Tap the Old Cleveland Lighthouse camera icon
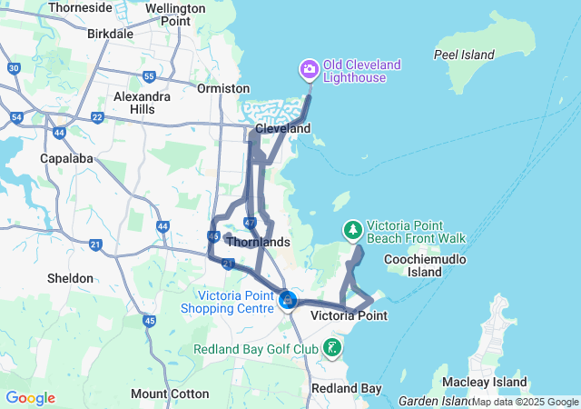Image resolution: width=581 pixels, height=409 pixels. (x=309, y=68)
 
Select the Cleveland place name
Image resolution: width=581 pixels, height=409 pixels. (x=282, y=129)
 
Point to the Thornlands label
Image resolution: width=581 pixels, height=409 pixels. (x=258, y=243)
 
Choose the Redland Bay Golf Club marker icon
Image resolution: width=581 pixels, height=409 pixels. (x=333, y=347)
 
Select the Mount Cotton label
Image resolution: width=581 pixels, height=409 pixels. (x=170, y=394)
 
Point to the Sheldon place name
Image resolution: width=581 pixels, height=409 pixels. (x=70, y=278)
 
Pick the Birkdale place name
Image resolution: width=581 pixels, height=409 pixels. (x=110, y=34)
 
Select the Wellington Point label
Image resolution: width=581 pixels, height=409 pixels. (x=175, y=15)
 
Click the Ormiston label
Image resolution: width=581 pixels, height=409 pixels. (x=223, y=88)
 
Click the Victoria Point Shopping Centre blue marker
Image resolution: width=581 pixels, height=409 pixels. (x=287, y=299)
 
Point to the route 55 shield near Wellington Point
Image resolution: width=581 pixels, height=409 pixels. (x=149, y=76)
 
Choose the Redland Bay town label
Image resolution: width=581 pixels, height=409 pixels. (x=346, y=388)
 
